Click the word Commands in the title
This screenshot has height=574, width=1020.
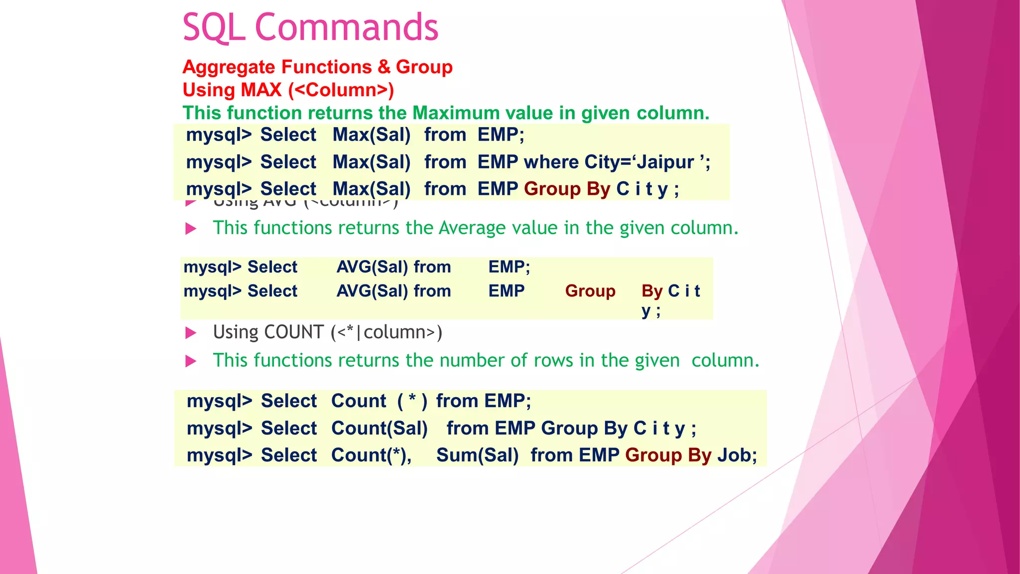(x=347, y=27)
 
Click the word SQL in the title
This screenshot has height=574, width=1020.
(x=214, y=27)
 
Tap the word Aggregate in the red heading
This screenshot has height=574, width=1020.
(x=229, y=67)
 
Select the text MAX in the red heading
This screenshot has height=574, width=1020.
(x=259, y=90)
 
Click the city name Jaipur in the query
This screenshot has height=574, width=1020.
(x=665, y=162)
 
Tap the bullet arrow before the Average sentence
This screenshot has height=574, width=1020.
(x=191, y=229)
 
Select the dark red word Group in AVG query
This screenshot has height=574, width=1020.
(x=590, y=291)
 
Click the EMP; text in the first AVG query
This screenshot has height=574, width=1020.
(x=509, y=267)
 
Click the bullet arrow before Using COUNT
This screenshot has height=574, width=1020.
(x=191, y=333)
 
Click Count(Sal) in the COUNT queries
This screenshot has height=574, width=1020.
(x=380, y=429)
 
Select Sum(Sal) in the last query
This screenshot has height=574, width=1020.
(x=477, y=455)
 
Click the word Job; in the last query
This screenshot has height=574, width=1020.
(x=737, y=455)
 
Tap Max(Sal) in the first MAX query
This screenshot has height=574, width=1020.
(x=372, y=135)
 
